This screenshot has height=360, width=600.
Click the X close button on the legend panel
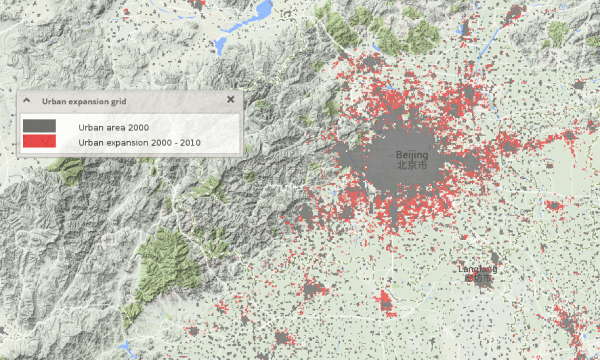(230, 100)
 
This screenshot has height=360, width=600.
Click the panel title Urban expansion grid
(83, 101)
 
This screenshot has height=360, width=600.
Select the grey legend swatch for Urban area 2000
(39, 126)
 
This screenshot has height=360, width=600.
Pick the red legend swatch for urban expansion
(39, 142)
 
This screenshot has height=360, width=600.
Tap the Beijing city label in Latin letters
(411, 157)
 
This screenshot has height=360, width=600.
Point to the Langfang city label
(477, 269)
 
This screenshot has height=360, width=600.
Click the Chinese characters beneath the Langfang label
(478, 279)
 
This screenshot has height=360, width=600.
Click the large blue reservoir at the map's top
(262, 13)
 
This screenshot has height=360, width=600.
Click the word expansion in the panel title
(86, 101)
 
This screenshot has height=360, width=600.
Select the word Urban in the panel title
(53, 101)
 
